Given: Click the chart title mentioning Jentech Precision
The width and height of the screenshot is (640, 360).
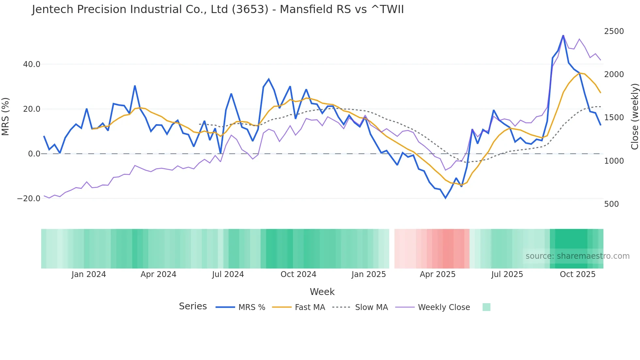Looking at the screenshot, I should [x=218, y=9].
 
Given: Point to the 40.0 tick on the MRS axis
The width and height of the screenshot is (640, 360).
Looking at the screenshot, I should [x=32, y=64].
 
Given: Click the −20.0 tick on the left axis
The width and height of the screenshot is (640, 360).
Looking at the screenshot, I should [x=29, y=199].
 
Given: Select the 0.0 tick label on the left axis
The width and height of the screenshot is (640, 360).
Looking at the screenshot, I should [x=34, y=154].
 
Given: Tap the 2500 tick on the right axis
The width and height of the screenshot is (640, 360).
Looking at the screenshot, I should [x=614, y=31].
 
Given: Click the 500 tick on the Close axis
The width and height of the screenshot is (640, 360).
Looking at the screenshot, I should [x=612, y=204].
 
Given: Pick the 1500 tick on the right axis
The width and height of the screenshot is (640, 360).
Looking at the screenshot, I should [x=614, y=118].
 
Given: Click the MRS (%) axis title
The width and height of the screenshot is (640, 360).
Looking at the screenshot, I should [x=6, y=116].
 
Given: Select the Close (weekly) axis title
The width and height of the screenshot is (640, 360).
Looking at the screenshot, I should [x=634, y=117].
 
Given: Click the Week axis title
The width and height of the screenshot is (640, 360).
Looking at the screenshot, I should [x=322, y=292].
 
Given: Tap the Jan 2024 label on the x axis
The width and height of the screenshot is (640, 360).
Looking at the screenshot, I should [x=89, y=274].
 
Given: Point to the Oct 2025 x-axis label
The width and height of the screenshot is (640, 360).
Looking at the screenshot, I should [x=578, y=274].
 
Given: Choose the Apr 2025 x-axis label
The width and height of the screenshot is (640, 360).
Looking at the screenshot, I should [x=438, y=274].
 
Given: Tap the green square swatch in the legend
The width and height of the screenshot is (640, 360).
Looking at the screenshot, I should [x=486, y=307].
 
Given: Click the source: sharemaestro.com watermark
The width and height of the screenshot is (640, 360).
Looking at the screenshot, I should [x=577, y=256].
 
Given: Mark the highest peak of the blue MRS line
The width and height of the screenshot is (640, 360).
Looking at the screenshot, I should [x=563, y=35].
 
